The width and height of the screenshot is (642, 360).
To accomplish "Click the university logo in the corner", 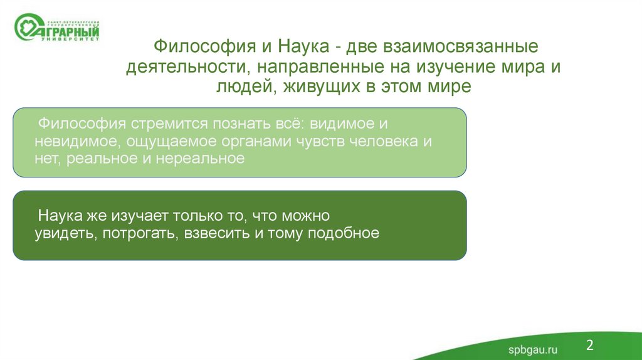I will (56, 28).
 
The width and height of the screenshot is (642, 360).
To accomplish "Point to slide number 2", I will (589, 344).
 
